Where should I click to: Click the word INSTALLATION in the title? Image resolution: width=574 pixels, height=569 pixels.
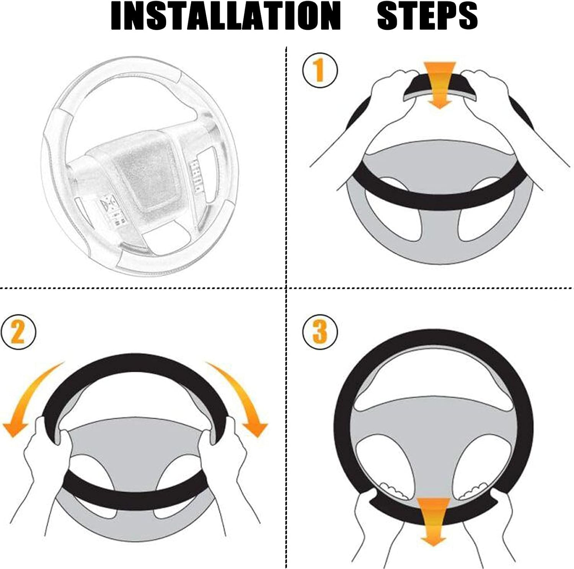(x=225, y=16)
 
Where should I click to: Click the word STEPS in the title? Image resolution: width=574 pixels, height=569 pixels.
(x=427, y=16)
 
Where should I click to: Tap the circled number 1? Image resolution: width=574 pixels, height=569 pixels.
(x=320, y=70)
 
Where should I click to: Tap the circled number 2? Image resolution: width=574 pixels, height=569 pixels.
(x=18, y=332)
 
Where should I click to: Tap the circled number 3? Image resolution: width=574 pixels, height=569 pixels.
(x=320, y=332)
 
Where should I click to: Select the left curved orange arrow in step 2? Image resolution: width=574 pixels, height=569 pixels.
(x=29, y=402)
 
